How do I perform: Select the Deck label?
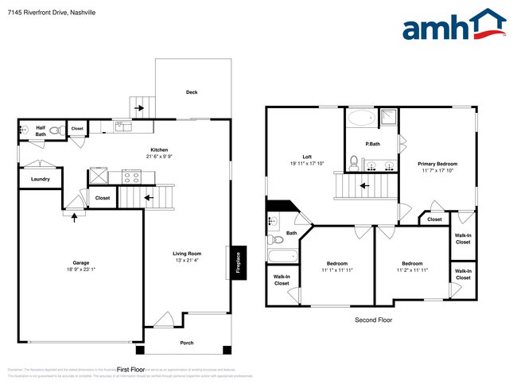coord(192,92)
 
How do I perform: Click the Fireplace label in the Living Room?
coord(237,263)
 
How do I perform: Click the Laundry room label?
coord(41,179)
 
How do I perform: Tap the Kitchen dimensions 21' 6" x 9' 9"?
coord(159,157)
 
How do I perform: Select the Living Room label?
coord(187,254)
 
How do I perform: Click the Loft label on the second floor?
coord(306,157)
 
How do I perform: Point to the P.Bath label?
coord(371,144)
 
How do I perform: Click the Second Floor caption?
coord(373,320)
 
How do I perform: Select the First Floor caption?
coord(131,370)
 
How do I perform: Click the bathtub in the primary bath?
coord(363,119)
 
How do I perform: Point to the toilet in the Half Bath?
coord(56,130)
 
